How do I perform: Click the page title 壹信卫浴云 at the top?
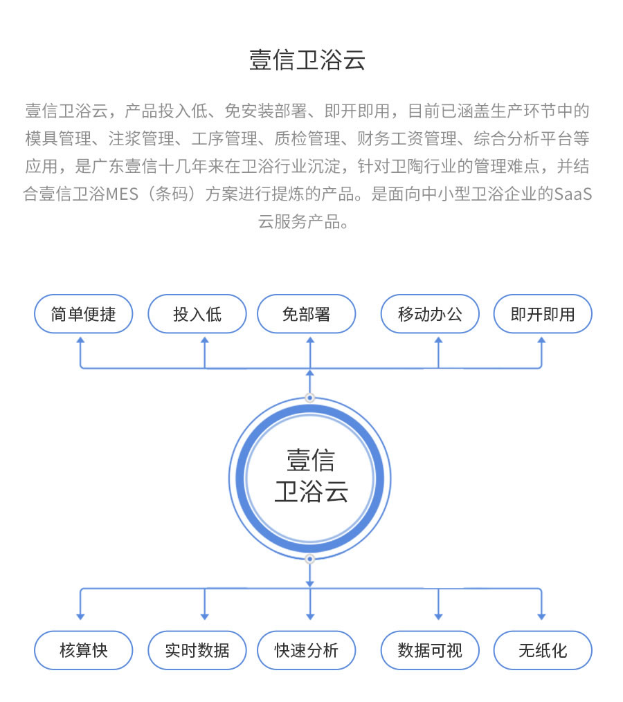coord(307,60)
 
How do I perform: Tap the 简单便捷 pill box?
coord(83,314)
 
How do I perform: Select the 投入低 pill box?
coord(197,314)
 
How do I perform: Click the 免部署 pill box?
coord(306,314)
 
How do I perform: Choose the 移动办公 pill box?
coord(430,314)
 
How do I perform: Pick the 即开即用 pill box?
coord(543,314)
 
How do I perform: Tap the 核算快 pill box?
coord(83,651)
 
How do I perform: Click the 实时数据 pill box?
coord(197,651)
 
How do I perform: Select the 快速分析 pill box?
coord(306,651)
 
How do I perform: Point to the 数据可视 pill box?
coord(430,651)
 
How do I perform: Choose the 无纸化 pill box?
coord(543,651)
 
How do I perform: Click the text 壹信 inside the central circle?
coord(311,461)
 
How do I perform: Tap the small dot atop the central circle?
coord(309,398)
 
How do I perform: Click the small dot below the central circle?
coord(309,559)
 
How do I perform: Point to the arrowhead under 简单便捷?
coord(81,340)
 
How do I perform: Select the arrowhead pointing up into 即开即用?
coord(541,340)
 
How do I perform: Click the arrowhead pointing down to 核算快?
coord(81,616)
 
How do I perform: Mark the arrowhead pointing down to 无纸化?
coord(541,616)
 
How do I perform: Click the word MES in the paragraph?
coord(122,194)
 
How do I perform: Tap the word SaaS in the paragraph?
coord(573,194)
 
